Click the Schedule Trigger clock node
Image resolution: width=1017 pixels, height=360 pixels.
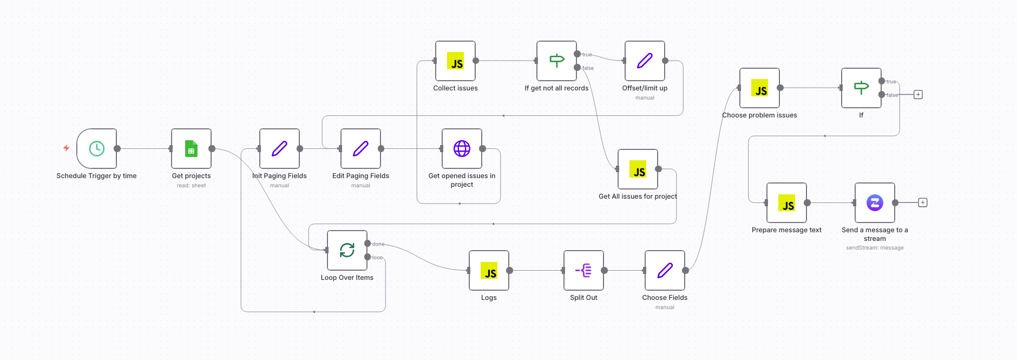click(96, 148)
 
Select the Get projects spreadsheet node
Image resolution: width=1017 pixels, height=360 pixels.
click(191, 148)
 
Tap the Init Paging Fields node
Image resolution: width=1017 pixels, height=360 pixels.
click(279, 148)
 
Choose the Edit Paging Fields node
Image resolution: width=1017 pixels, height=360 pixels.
click(360, 148)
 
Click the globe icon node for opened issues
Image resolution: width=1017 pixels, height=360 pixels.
click(462, 148)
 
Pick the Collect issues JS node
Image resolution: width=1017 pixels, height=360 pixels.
click(455, 61)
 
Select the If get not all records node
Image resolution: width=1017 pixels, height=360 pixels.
click(556, 61)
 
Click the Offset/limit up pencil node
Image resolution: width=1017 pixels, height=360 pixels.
click(645, 61)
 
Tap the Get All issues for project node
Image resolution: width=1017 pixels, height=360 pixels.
click(638, 169)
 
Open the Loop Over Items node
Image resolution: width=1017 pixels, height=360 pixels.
click(347, 250)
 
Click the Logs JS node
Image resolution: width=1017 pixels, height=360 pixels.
click(489, 270)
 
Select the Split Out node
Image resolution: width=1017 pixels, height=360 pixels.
click(583, 270)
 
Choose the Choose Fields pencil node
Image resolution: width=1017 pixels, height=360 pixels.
click(665, 270)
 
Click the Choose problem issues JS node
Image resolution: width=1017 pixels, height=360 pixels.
click(759, 88)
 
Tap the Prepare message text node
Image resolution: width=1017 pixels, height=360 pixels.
click(786, 203)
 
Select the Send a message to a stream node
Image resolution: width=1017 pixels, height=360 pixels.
click(875, 203)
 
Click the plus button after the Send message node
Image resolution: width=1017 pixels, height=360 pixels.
click(923, 202)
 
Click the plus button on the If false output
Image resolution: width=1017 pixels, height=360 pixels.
click(918, 95)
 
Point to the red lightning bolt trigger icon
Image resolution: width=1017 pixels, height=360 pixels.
click(66, 148)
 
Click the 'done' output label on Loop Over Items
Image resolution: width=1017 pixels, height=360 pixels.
click(378, 244)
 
